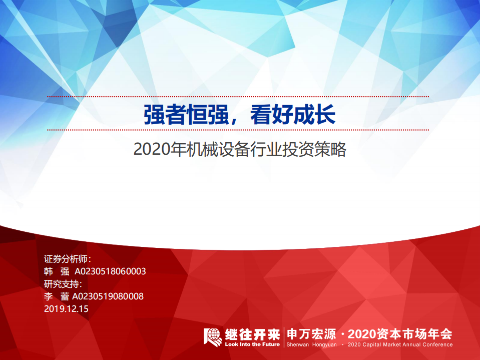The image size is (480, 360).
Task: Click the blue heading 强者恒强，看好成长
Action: [239, 114]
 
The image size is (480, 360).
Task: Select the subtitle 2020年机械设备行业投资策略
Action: [240, 150]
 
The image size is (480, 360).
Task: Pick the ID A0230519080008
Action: [108, 296]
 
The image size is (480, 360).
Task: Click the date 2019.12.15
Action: [66, 309]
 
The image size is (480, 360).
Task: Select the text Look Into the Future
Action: [252, 344]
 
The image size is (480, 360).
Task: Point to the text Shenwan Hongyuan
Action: [311, 344]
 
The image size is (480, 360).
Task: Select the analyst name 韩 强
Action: [57, 271]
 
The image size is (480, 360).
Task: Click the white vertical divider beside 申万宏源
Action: [284, 337]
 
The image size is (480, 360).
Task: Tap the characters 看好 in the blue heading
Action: [270, 114]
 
